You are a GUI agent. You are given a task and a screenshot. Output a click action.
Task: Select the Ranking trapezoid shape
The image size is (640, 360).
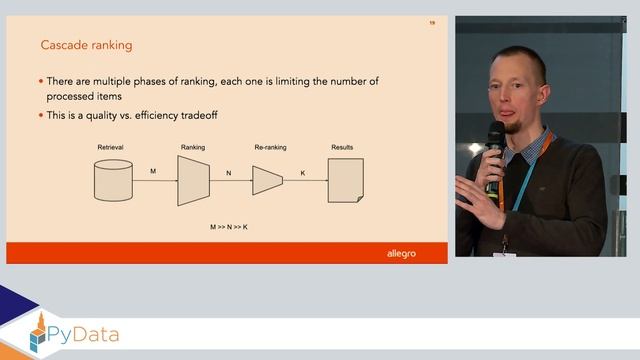193,181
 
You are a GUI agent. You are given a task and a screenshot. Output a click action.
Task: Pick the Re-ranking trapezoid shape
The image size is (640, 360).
267,180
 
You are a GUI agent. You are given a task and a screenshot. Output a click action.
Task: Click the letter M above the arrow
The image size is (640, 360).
153,171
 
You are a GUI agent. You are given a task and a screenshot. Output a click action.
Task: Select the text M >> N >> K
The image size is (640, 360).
229,227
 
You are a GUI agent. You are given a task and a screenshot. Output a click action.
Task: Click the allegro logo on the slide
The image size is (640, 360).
401,253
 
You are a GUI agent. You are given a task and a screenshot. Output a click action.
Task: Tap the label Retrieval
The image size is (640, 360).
110,147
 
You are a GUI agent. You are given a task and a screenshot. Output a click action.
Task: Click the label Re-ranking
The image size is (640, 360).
270,147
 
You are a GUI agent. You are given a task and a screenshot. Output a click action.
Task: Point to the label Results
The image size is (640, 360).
342,147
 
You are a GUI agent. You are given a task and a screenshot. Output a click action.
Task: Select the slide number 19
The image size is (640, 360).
432,22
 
